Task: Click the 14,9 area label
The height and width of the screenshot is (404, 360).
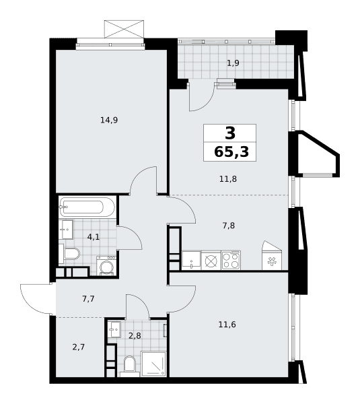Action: click(109, 120)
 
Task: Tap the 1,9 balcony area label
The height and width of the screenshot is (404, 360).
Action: click(233, 63)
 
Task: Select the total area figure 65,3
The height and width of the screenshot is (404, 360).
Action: click(231, 152)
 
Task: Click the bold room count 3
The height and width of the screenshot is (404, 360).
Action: click(230, 133)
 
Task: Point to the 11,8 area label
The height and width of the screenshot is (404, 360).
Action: click(228, 179)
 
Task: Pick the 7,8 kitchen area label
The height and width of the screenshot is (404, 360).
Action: click(228, 226)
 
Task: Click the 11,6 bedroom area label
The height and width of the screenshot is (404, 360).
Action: click(227, 325)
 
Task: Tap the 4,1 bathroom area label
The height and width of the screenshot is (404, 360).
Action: click(94, 237)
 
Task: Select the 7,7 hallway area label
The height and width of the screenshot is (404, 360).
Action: click(88, 299)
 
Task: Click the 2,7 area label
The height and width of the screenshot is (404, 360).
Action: click(79, 347)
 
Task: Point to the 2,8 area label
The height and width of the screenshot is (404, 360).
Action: click(135, 336)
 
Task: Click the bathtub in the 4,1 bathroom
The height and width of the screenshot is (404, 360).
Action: click(87, 207)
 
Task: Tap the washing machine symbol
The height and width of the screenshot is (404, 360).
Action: click(106, 266)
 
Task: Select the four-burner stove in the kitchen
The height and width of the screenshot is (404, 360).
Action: click(231, 260)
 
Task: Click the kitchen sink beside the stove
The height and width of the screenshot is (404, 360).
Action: click(191, 260)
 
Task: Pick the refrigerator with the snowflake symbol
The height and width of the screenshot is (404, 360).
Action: click(272, 256)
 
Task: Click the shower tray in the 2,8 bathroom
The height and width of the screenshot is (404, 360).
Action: click(153, 364)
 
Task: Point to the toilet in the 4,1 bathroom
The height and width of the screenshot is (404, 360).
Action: click(69, 254)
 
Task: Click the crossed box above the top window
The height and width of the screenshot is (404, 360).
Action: click(124, 29)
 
